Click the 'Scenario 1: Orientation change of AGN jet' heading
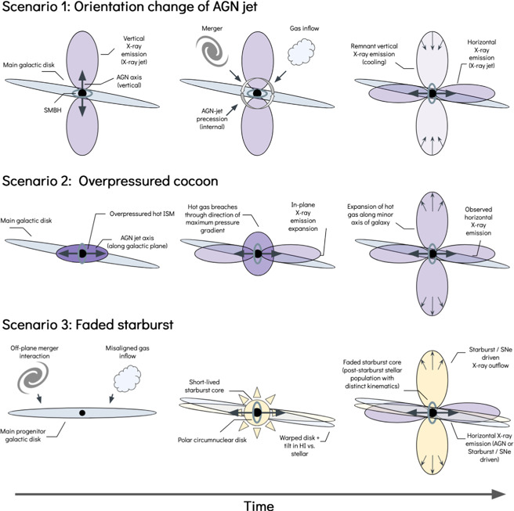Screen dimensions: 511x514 [128, 11]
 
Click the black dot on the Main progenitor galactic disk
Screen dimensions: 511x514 [81, 412]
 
